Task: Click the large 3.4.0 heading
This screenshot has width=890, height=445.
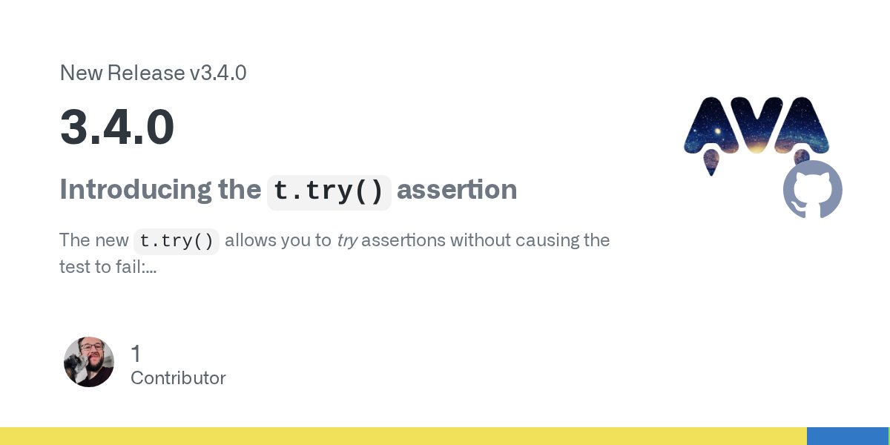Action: tap(117, 128)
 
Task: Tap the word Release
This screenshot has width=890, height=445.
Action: tap(146, 73)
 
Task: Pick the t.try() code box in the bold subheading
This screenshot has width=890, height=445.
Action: tap(329, 191)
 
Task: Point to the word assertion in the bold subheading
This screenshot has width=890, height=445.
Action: tap(457, 190)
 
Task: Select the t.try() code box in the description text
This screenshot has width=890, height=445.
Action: tap(177, 241)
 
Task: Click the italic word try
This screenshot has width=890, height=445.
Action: tap(347, 241)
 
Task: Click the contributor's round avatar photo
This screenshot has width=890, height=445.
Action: tap(89, 362)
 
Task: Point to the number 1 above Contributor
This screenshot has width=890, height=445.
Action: tap(136, 354)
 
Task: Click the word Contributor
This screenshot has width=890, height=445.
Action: tap(178, 378)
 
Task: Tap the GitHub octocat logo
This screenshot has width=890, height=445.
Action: tap(813, 189)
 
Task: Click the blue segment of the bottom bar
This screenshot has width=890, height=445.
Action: tap(848, 436)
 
